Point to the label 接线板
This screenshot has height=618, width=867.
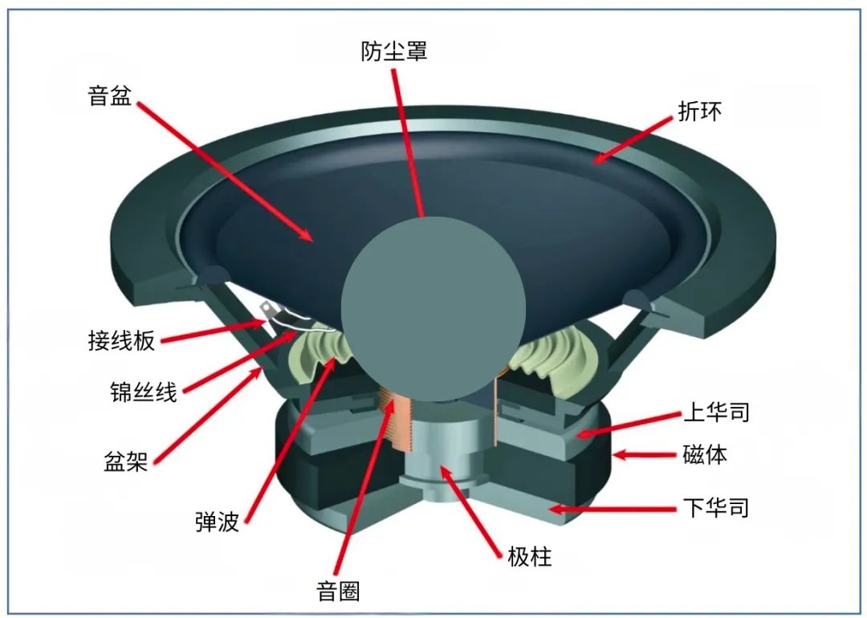122,340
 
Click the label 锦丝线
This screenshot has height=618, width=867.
143,392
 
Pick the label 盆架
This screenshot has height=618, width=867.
126,461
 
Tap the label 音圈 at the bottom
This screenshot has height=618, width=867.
338,592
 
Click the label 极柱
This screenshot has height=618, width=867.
530,556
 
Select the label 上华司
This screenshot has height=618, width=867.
716,413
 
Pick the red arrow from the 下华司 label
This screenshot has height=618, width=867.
611,508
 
